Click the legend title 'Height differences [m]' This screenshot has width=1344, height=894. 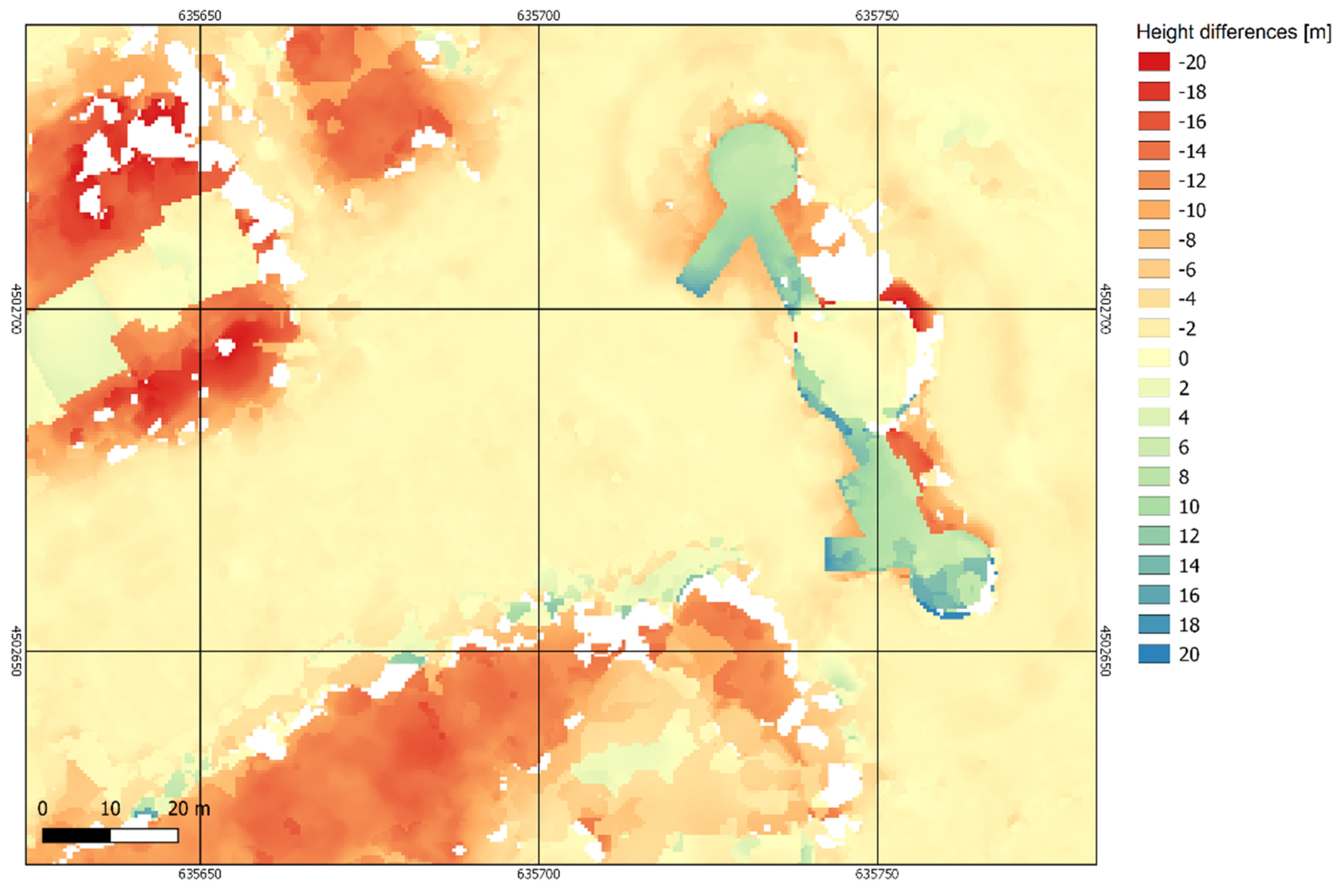click(1233, 32)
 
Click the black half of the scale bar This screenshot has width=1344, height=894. click(76, 836)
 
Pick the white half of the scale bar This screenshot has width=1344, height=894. click(144, 836)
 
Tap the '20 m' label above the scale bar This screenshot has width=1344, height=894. click(189, 809)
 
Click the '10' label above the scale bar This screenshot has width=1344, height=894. click(110, 809)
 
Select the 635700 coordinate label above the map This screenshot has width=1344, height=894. click(538, 15)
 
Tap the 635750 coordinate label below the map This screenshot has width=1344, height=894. click(877, 874)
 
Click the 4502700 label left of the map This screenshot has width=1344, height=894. click(16, 309)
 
